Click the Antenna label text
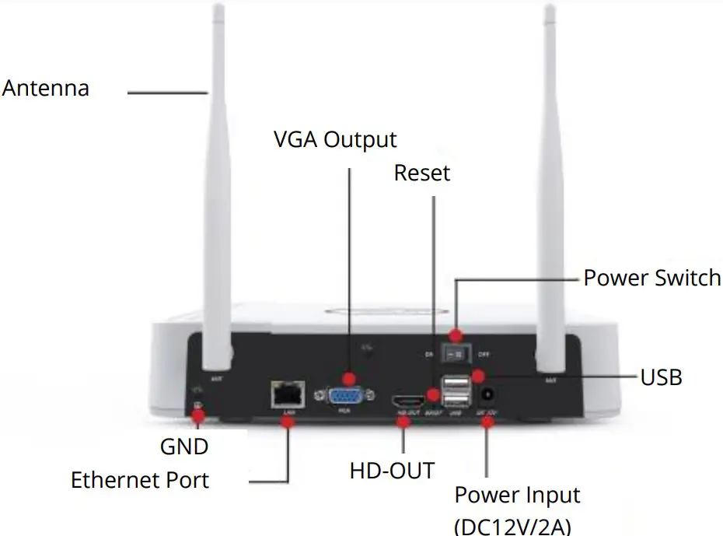[46, 88]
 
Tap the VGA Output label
[335, 140]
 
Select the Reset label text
[422, 173]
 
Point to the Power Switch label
[651, 278]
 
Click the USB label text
[661, 378]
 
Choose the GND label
[184, 447]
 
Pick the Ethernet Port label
[140, 480]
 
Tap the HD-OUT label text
[392, 471]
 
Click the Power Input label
[517, 496]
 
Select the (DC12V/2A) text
[513, 525]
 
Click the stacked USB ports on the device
[455, 391]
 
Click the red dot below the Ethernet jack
[288, 421]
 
